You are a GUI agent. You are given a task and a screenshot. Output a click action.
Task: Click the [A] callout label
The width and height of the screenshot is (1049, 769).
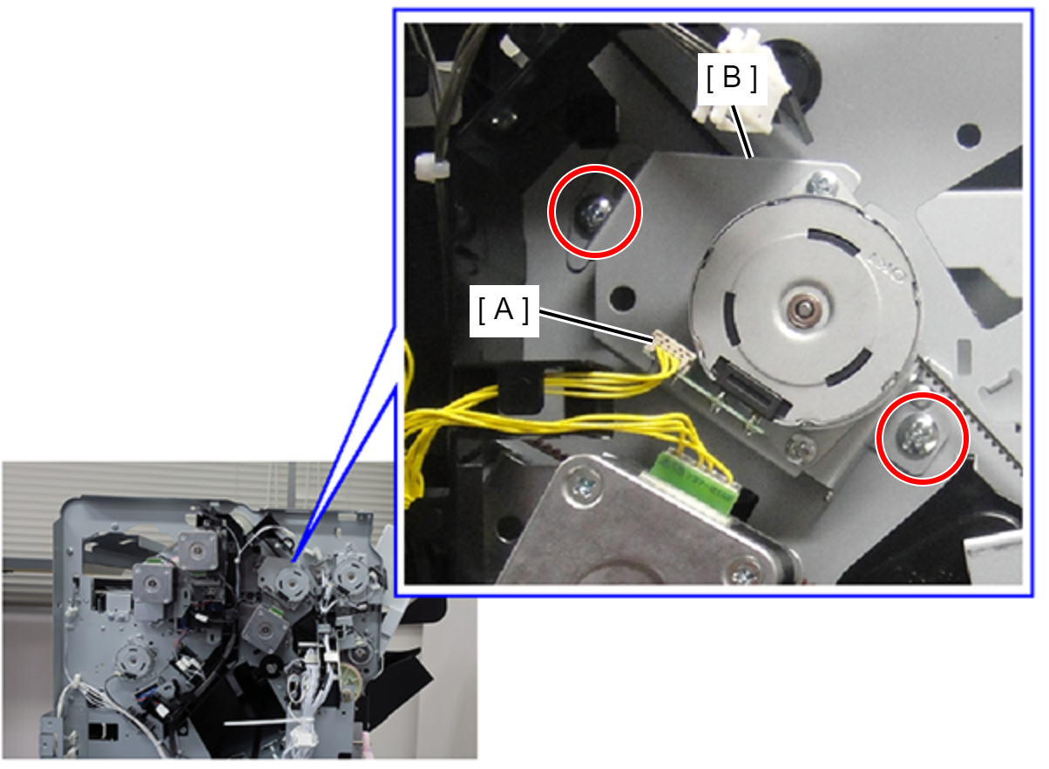tap(504, 310)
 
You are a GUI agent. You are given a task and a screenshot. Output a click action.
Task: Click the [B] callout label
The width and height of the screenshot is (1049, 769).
tap(733, 78)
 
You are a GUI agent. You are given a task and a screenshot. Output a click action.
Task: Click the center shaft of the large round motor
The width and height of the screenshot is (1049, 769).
tap(803, 309)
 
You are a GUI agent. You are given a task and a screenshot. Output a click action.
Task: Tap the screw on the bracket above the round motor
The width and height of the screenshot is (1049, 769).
tap(822, 183)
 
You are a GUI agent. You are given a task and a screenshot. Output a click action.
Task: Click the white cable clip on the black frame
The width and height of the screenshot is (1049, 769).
tap(430, 166)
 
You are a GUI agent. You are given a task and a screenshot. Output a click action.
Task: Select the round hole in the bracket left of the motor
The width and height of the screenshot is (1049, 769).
tap(622, 297)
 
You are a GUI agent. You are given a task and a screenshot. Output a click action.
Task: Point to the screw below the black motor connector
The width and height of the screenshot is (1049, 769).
tap(801, 447)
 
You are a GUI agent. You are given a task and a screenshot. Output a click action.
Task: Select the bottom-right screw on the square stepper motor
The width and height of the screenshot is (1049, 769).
tap(745, 573)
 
